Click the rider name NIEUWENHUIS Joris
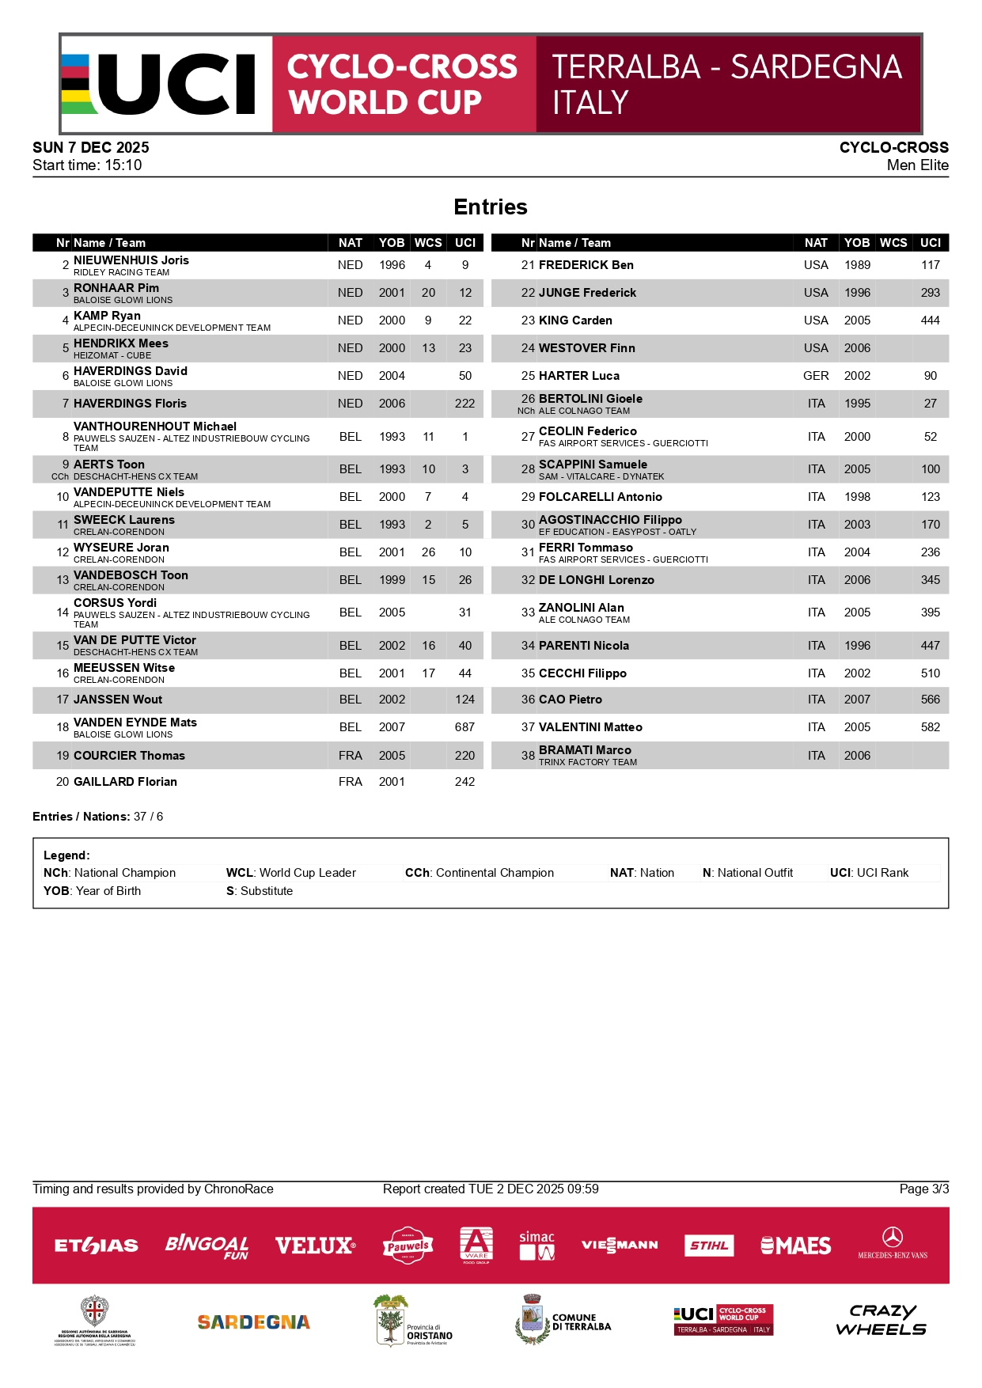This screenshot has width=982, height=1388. [131, 260]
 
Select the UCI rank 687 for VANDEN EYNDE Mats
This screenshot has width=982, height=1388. [464, 727]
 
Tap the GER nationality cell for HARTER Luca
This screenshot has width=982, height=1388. [816, 376]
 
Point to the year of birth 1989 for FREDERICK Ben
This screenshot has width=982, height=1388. [857, 265]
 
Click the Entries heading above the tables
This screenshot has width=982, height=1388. [491, 207]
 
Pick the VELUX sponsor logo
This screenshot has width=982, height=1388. [315, 1246]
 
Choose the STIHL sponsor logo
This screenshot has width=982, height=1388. [709, 1246]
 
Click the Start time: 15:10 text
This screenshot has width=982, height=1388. [87, 165]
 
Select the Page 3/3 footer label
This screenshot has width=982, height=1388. [923, 1189]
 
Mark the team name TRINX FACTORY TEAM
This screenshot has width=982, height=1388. [588, 762]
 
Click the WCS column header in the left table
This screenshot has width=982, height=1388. [428, 243]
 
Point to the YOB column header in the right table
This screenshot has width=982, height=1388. [857, 243]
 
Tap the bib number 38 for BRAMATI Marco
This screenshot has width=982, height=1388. [528, 756]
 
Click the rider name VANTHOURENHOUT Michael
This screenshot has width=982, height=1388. [155, 427]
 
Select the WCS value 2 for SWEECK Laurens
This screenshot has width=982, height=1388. [428, 525]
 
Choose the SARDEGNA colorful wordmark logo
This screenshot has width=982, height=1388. [253, 1322]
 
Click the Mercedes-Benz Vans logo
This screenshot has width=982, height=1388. [893, 1243]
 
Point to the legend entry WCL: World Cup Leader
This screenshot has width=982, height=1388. [291, 873]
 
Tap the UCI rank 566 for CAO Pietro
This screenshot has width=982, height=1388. [931, 700]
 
